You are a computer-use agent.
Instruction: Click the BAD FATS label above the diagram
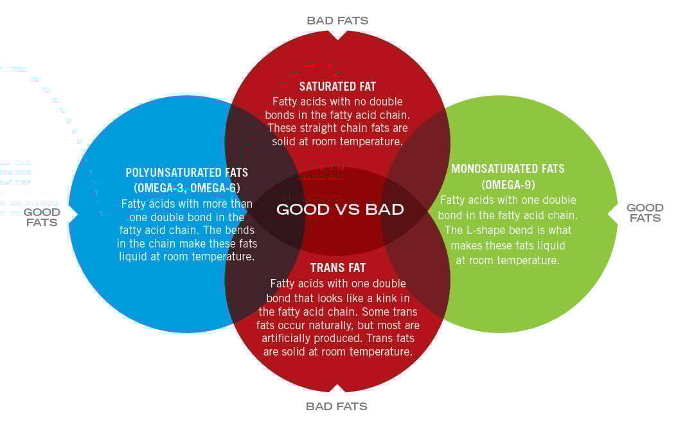(x=337, y=21)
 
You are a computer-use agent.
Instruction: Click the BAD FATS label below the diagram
(x=337, y=406)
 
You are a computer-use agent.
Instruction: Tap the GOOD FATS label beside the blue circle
(x=42, y=217)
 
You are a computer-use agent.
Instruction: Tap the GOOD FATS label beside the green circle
(x=645, y=213)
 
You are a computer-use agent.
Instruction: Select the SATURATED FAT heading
(x=337, y=86)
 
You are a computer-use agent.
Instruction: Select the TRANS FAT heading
(x=337, y=267)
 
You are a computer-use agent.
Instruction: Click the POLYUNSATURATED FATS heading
(x=186, y=173)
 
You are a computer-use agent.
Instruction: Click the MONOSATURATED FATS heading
(x=508, y=169)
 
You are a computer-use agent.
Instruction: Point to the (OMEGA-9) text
(x=508, y=185)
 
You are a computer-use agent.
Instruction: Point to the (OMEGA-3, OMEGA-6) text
(x=186, y=188)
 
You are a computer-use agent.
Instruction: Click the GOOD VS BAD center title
(x=340, y=210)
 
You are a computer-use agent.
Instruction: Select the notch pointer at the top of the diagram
(x=338, y=34)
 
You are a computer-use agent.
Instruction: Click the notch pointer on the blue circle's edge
(x=73, y=213)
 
